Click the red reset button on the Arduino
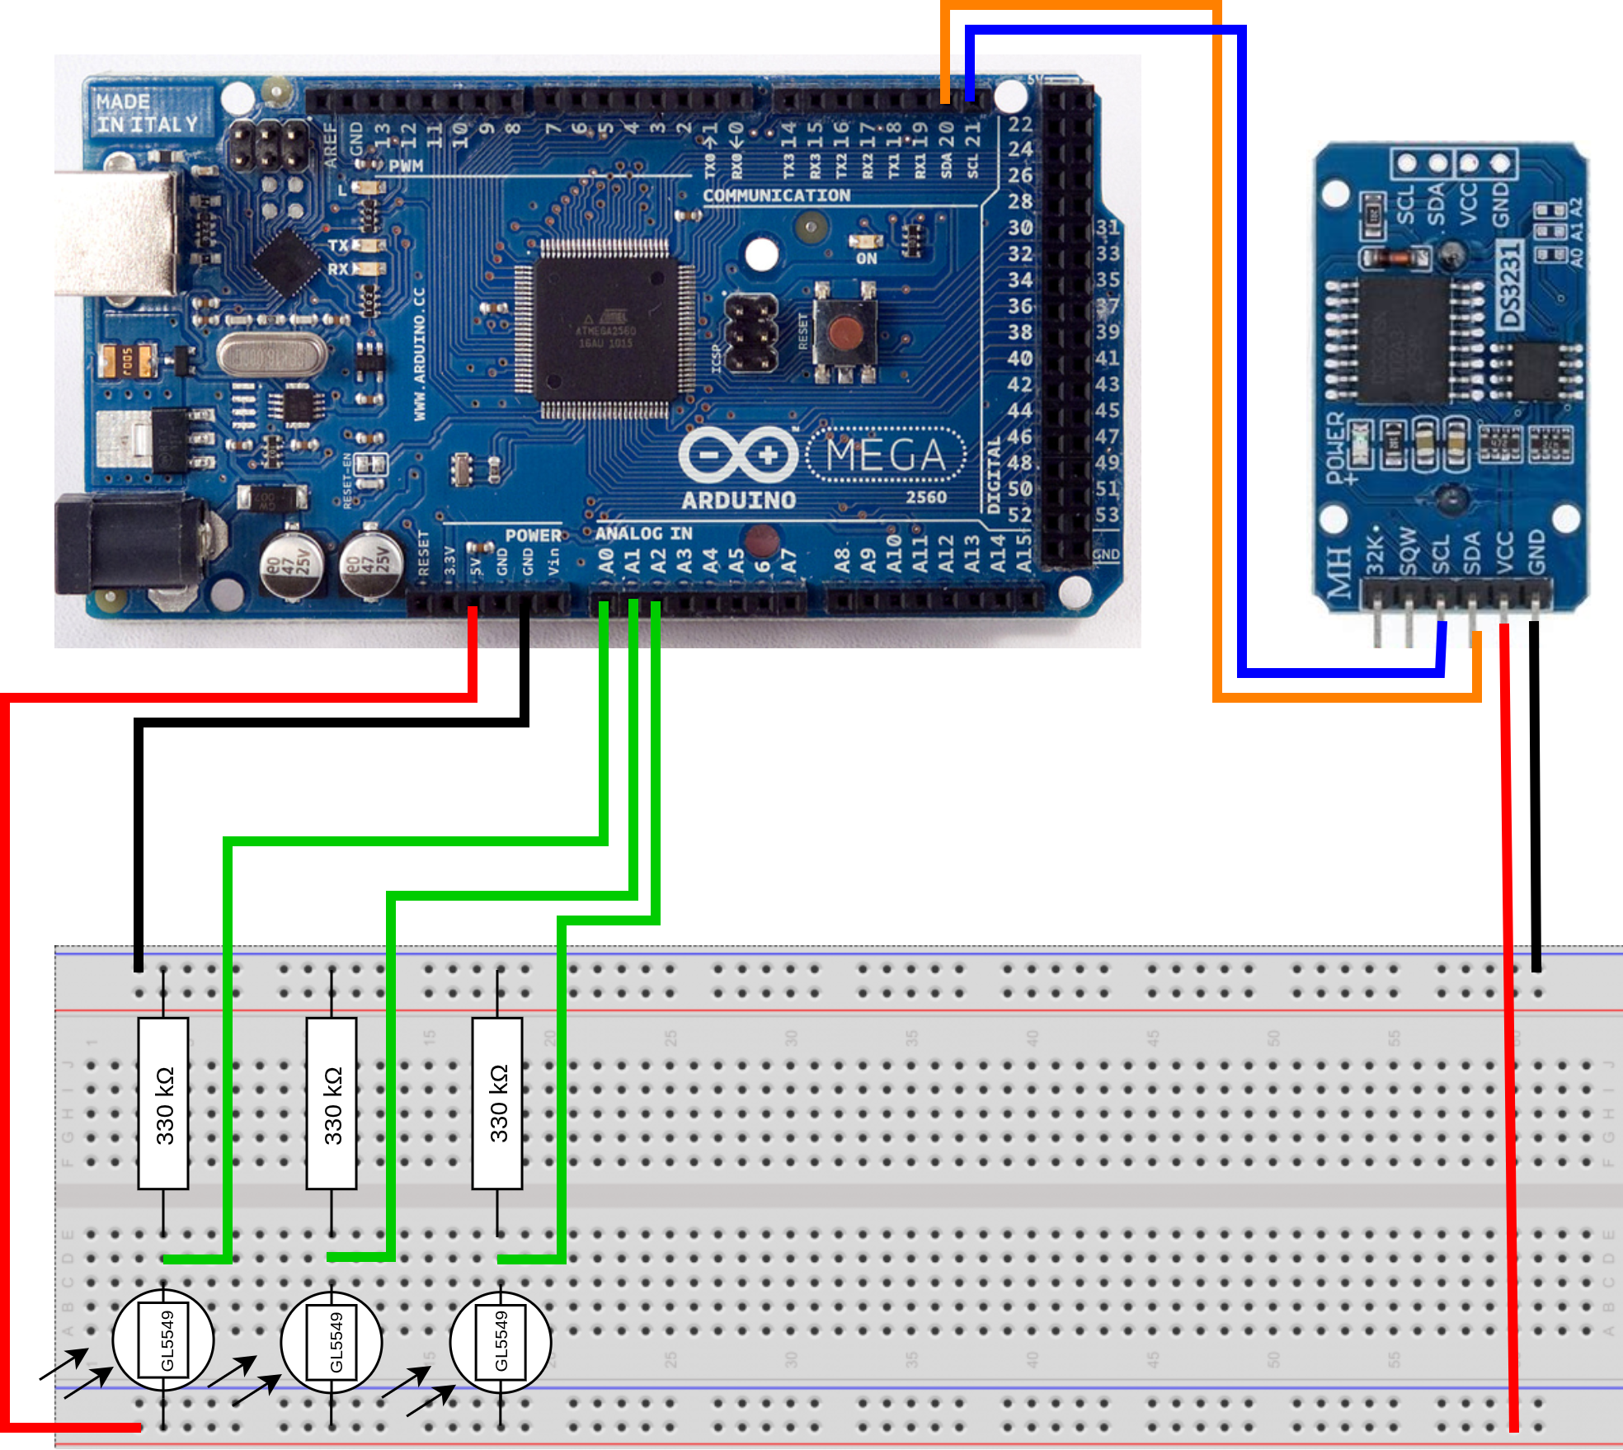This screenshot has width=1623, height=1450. [x=845, y=334]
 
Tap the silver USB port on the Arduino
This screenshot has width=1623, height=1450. [x=115, y=233]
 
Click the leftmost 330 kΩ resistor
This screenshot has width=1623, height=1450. [x=163, y=1104]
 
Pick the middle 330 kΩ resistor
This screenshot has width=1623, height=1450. [x=332, y=1104]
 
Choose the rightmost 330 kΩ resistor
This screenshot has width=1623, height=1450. [x=497, y=1104]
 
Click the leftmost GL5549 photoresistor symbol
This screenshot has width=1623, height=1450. [x=163, y=1341]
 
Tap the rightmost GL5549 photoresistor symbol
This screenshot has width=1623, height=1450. [x=501, y=1341]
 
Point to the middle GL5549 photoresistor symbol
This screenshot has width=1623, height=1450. [x=332, y=1341]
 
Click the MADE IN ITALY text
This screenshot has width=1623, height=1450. [x=147, y=114]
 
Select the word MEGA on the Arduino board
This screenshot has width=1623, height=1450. [x=886, y=454]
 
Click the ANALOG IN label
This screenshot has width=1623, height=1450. [x=643, y=534]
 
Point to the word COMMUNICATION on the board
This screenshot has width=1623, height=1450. [x=776, y=195]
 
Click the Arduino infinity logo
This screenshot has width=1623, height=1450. [x=738, y=454]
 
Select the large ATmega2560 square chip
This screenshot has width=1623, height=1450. [x=605, y=329]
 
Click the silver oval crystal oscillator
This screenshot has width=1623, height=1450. [x=272, y=356]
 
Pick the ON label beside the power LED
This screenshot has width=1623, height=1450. [x=866, y=259]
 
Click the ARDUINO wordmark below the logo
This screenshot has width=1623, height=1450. [x=739, y=500]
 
